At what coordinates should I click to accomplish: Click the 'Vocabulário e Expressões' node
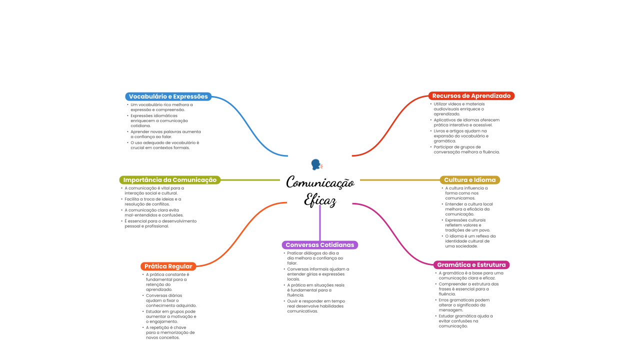point(168,96)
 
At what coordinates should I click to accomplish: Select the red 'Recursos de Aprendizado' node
point(471,95)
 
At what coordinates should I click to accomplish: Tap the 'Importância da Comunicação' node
point(170,180)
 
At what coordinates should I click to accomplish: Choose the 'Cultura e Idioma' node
point(469,180)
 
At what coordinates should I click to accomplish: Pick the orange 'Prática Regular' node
point(168,266)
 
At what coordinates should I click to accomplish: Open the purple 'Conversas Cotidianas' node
point(319,245)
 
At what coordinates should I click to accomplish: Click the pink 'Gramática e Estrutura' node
point(471,264)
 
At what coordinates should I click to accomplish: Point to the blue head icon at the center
point(316,164)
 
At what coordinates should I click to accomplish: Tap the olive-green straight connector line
point(250,180)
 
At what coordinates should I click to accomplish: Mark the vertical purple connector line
point(320,222)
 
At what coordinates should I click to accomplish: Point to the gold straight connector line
point(400,180)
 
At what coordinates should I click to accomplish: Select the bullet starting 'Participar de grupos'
point(466,149)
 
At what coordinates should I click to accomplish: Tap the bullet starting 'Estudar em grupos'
point(171,316)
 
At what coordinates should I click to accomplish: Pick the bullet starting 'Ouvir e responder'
point(315,306)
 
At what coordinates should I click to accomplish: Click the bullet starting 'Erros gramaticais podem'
point(463,305)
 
